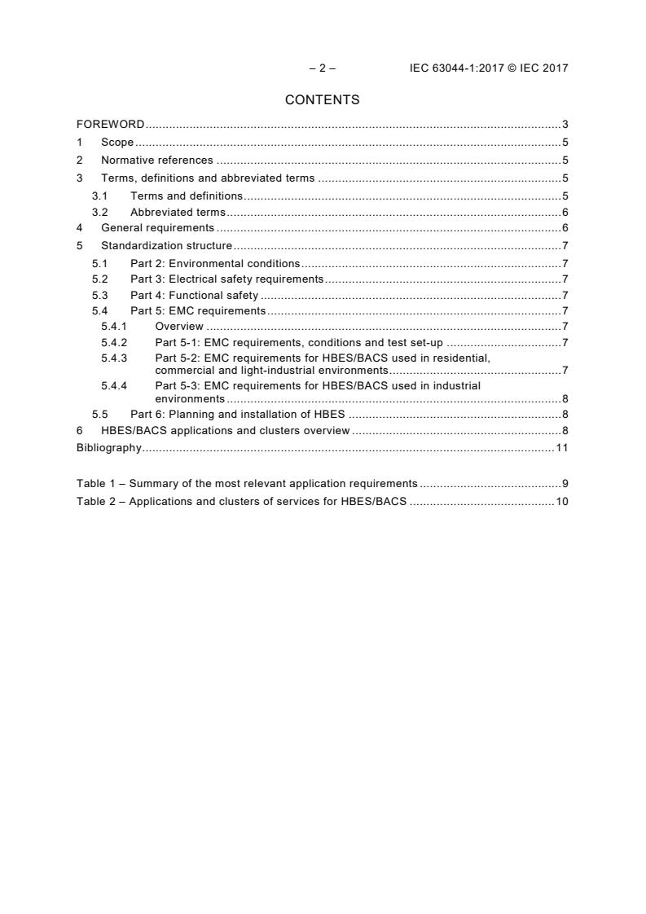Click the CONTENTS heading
322,100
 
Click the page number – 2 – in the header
322,68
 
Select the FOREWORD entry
110,125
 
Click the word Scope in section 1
117,143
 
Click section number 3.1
99,196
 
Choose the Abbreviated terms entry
178,213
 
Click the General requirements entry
157,228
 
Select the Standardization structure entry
166,246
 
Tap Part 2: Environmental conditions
215,264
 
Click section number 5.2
99,279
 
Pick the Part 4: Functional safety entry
194,296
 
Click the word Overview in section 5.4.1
179,327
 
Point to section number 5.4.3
114,358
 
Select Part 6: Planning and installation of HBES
238,414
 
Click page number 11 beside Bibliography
561,448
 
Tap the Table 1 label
95,483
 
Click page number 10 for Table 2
561,502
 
